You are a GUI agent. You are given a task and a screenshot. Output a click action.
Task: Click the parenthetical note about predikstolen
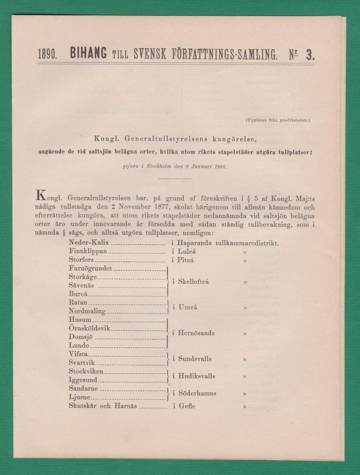pos(278,120)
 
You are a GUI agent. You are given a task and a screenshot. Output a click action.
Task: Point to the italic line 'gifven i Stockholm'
pos(174,167)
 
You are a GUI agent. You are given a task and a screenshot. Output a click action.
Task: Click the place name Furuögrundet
pos(90,269)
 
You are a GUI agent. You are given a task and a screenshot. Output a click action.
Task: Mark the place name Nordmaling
pos(88,311)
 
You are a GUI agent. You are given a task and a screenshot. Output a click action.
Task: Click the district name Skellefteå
pos(194,282)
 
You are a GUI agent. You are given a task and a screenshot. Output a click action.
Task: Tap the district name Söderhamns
pos(196,393)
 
